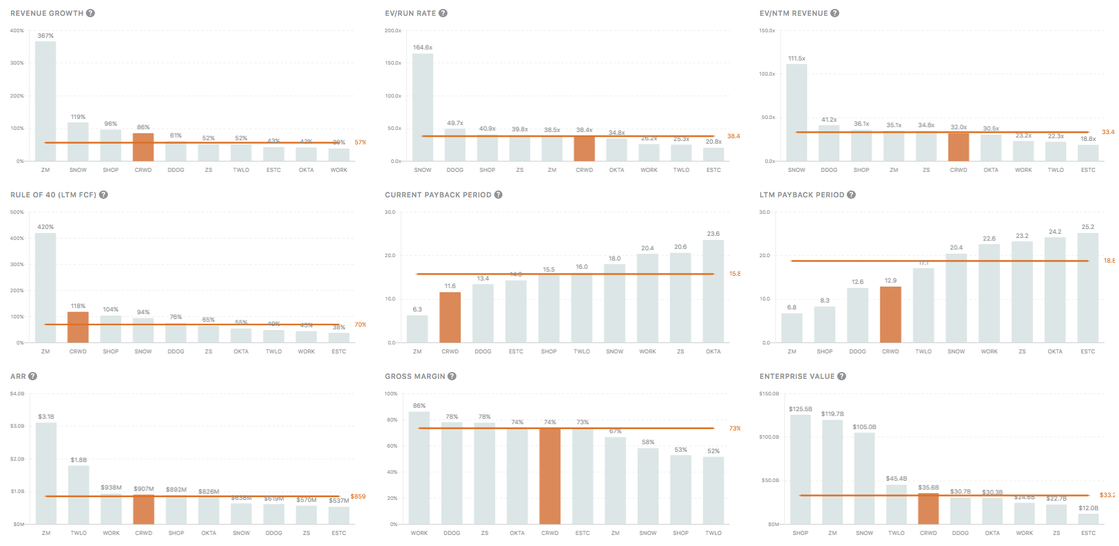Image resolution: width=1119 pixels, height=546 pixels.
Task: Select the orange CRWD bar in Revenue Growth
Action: [143, 147]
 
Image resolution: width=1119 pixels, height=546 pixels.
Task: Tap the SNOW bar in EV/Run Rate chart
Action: [423, 107]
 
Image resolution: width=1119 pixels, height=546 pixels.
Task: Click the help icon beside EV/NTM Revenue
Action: [834, 13]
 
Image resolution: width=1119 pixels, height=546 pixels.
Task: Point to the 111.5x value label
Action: [797, 58]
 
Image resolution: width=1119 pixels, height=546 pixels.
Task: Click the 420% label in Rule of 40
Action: [45, 227]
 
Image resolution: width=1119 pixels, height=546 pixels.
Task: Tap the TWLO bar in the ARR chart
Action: [78, 495]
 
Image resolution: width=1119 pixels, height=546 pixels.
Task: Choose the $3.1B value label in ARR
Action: [46, 417]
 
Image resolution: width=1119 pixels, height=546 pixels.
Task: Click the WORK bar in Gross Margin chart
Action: [419, 468]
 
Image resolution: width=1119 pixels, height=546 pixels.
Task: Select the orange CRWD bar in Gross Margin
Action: [550, 476]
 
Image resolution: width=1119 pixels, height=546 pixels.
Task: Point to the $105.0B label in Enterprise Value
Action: [864, 427]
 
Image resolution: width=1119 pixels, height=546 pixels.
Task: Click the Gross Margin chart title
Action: [414, 376]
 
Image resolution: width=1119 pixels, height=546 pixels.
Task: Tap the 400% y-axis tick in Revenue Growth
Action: [17, 31]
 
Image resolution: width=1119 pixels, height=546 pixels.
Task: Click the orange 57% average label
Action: [360, 142]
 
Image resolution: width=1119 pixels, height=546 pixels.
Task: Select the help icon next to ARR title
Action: [32, 376]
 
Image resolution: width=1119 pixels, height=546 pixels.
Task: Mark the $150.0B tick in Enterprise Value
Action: [769, 394]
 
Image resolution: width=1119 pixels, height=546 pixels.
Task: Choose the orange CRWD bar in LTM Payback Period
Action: [890, 314]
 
